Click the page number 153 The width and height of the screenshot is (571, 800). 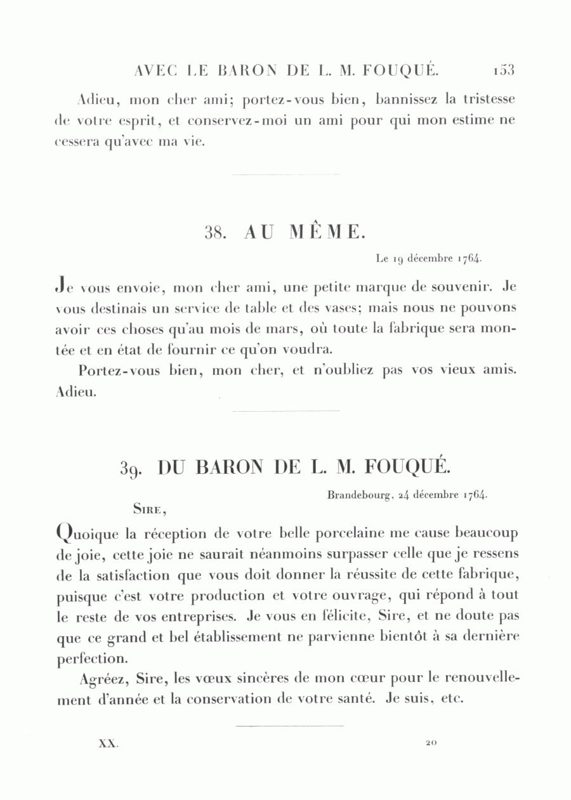pos(501,70)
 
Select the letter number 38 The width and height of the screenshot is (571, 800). pos(216,233)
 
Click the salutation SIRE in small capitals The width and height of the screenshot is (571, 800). pos(150,508)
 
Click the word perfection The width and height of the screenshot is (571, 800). pos(93,659)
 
